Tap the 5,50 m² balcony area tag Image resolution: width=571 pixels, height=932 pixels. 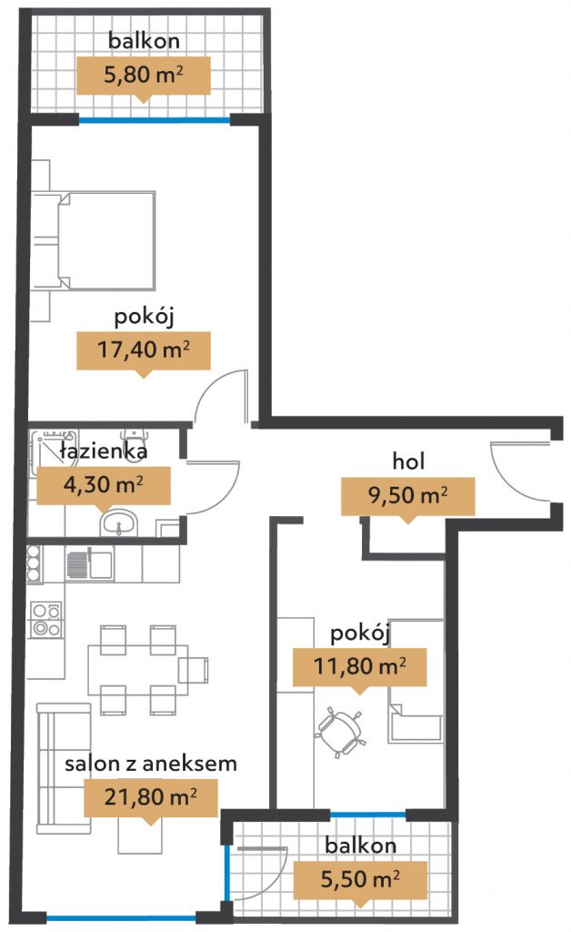coord(360,880)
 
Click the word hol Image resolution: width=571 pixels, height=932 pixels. coord(408,461)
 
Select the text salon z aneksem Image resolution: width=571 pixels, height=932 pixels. coord(151,764)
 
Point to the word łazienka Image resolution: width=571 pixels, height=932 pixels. coord(104,451)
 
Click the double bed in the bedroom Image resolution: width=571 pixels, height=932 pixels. coord(95,240)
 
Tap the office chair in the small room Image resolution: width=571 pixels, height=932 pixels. coord(340,730)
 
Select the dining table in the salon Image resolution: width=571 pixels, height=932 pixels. coord(138,670)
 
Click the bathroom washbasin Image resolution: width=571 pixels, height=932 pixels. coord(119,524)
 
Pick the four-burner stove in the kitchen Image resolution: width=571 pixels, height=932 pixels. coord(46,620)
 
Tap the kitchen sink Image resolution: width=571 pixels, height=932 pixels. coord(90,564)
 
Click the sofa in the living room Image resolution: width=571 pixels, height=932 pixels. coord(64,768)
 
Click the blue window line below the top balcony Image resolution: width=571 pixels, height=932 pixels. coord(155,121)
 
